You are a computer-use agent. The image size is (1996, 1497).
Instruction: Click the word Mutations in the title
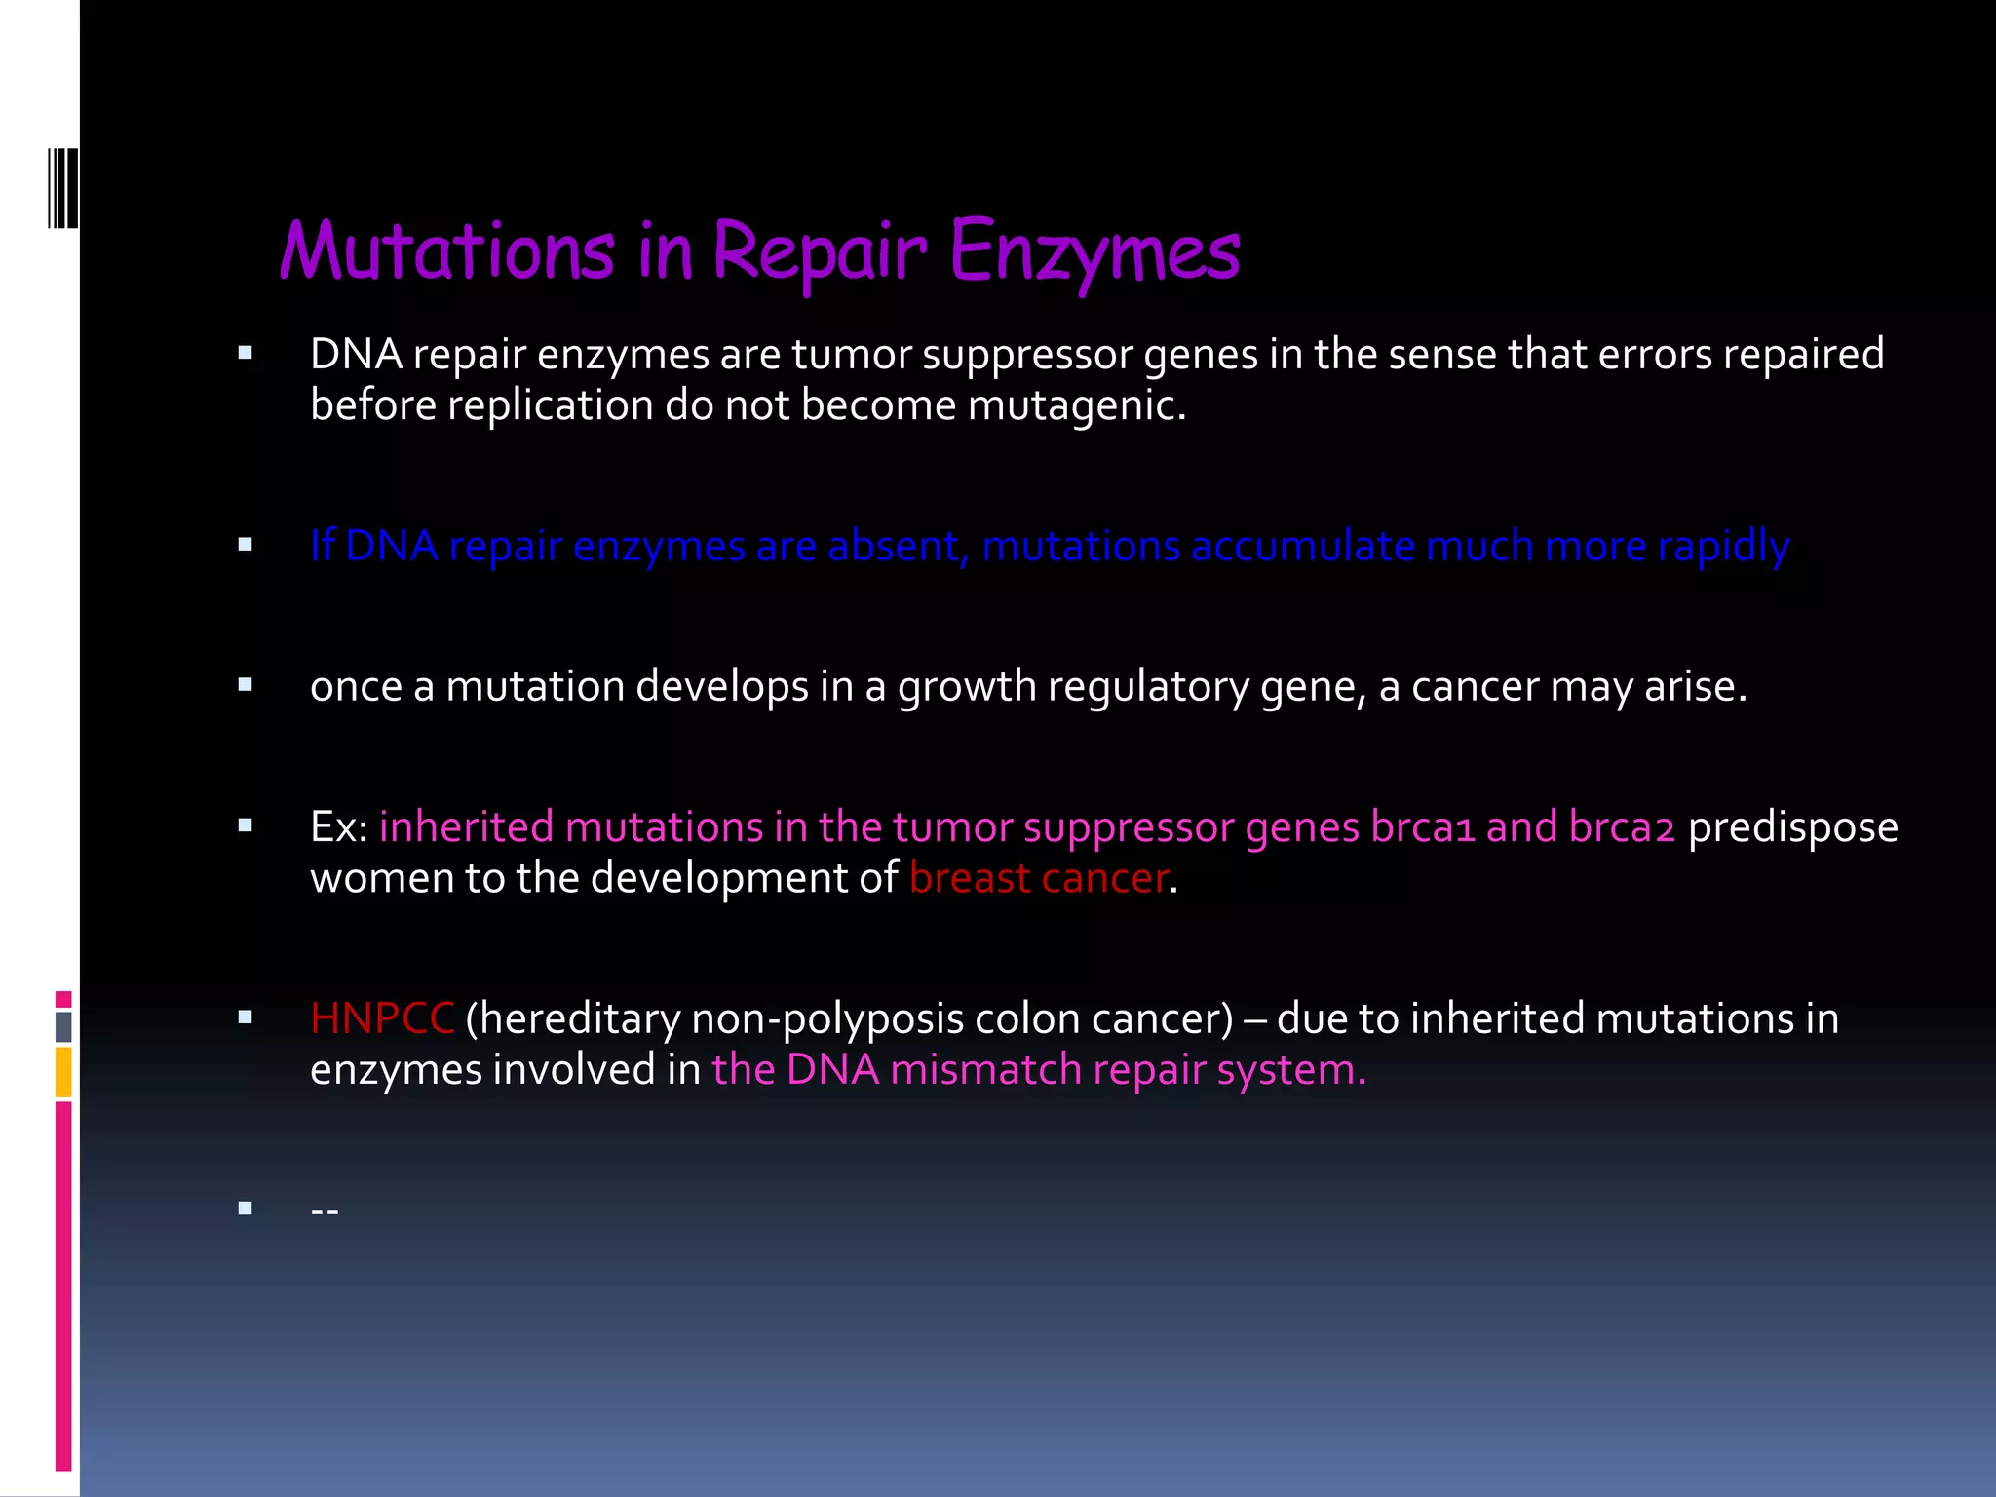[x=447, y=251]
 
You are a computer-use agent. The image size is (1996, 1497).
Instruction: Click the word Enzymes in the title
[x=1094, y=251]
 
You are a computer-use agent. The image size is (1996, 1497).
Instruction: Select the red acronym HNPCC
[x=382, y=1018]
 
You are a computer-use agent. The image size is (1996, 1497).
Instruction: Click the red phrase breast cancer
[x=1038, y=878]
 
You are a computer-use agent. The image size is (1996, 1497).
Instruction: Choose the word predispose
[x=1792, y=827]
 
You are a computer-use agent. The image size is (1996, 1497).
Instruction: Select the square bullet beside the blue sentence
[x=246, y=545]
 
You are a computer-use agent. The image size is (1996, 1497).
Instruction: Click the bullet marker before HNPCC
[x=246, y=1017]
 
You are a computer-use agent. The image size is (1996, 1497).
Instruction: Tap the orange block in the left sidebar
[x=63, y=1072]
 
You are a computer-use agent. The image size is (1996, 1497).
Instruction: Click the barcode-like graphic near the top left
[x=63, y=188]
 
